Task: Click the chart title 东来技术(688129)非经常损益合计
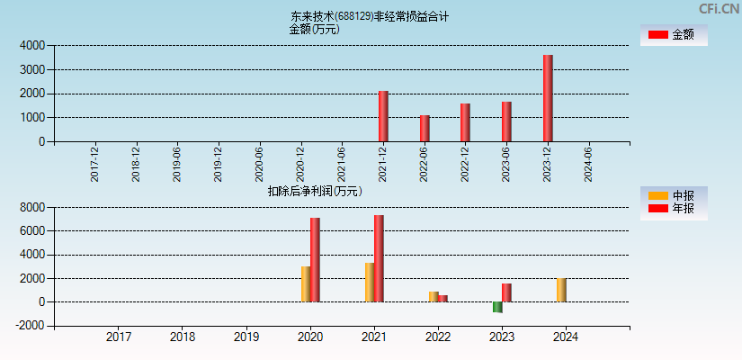(x=369, y=16)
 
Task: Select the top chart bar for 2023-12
(x=548, y=98)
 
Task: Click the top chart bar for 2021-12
(x=383, y=116)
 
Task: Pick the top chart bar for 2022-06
(x=425, y=128)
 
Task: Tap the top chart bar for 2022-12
(x=465, y=122)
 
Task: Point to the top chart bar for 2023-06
(x=506, y=121)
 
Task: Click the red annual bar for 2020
(x=315, y=260)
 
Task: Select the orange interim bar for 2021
(x=370, y=283)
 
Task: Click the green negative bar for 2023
(x=497, y=307)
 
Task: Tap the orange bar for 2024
(x=561, y=290)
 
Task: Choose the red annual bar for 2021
(x=379, y=258)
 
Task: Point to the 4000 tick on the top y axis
(x=32, y=45)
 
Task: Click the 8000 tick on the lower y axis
(x=32, y=207)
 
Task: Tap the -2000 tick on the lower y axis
(x=30, y=326)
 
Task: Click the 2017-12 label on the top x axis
(x=95, y=166)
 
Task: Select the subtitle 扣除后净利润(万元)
(x=314, y=191)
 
